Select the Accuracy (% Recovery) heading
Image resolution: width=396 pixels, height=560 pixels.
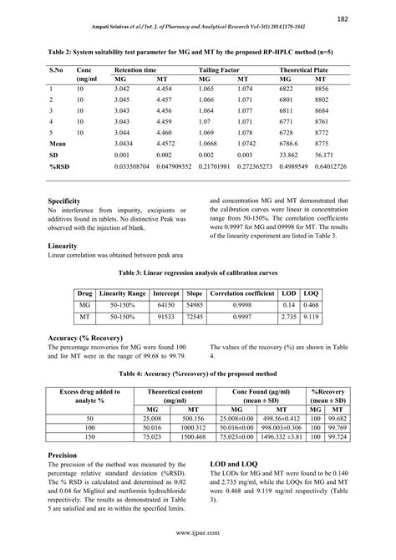coord(89,337)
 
